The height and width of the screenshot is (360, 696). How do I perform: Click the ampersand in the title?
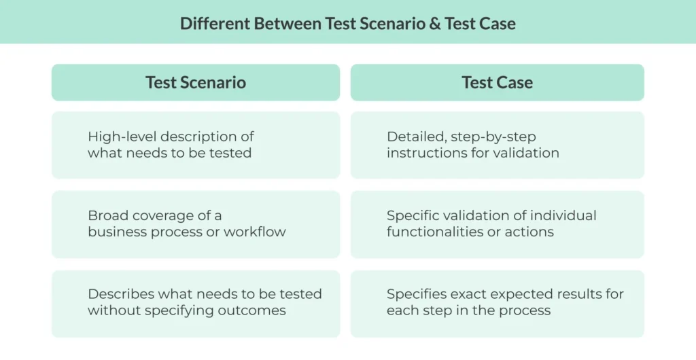pyautogui.click(x=435, y=24)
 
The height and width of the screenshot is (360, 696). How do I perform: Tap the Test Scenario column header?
pyautogui.click(x=196, y=82)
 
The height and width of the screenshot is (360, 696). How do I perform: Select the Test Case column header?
pyautogui.click(x=497, y=82)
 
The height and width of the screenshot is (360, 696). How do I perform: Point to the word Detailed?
pyautogui.click(x=417, y=137)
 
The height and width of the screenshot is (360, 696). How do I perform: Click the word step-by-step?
pyautogui.click(x=493, y=137)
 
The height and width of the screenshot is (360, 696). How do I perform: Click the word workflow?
pyautogui.click(x=254, y=232)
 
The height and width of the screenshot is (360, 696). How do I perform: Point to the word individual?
pyautogui.click(x=563, y=216)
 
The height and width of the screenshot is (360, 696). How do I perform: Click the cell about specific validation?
pyautogui.click(x=497, y=224)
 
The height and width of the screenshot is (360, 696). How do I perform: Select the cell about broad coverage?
pyautogui.click(x=196, y=224)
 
